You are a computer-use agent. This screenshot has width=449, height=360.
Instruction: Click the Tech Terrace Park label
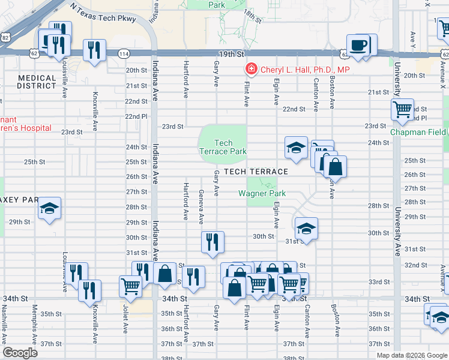pos(223,147)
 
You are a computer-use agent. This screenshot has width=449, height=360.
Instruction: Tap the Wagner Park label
pos(262,193)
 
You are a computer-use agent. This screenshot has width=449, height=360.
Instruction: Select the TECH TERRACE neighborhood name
pos(256,172)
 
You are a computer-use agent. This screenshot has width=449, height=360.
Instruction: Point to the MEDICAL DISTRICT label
pos(37,82)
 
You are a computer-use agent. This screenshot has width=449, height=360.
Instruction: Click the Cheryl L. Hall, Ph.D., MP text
pos(305,70)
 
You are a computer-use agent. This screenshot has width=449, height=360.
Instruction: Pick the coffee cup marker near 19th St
pos(358,46)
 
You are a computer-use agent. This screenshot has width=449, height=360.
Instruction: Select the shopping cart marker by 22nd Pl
pos(402,110)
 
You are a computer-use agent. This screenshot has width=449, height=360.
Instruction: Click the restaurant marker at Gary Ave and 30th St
pos(212,242)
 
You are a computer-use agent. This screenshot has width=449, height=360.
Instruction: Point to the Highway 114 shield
pos(123,54)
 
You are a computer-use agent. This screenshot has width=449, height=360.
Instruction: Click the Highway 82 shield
pos(5,37)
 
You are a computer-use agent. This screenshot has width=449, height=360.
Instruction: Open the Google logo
pos(20,352)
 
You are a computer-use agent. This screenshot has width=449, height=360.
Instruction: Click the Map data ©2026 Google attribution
pos(411,355)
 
